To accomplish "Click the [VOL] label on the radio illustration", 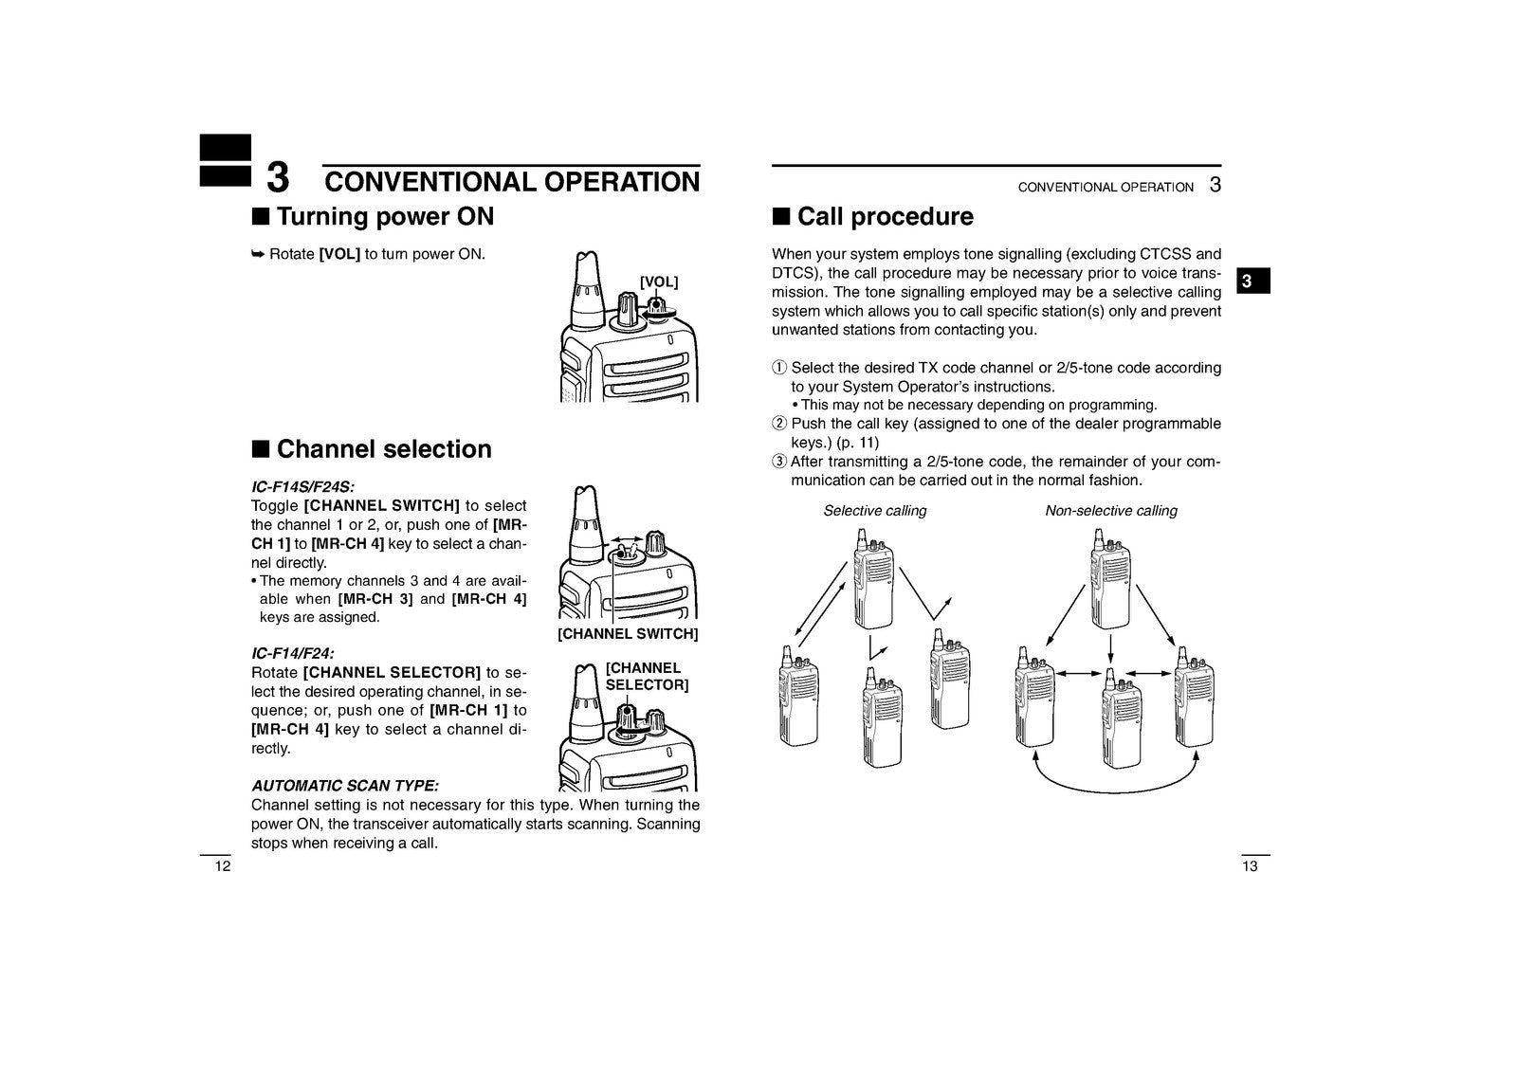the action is tap(658, 282).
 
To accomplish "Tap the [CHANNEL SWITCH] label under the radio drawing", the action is tap(628, 634).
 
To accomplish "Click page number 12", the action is tap(223, 866).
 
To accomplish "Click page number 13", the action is tap(1250, 866).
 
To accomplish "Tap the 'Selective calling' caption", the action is tap(875, 511).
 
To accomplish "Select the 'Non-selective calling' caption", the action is tap(1110, 511).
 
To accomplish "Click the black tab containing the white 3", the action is tap(1252, 282).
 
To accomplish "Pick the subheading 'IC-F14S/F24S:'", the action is tap(302, 487).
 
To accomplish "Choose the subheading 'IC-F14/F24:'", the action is tap(293, 653).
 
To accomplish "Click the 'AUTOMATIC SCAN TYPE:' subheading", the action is tap(345, 786).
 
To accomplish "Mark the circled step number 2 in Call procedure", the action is tap(779, 424).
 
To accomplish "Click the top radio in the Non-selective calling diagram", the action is tap(1110, 579).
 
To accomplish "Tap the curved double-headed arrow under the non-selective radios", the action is tap(1115, 790).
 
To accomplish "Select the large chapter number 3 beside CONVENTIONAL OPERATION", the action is tap(278, 178).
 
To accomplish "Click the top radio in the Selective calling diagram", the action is tap(873, 579).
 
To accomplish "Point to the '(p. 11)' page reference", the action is tap(857, 443).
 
